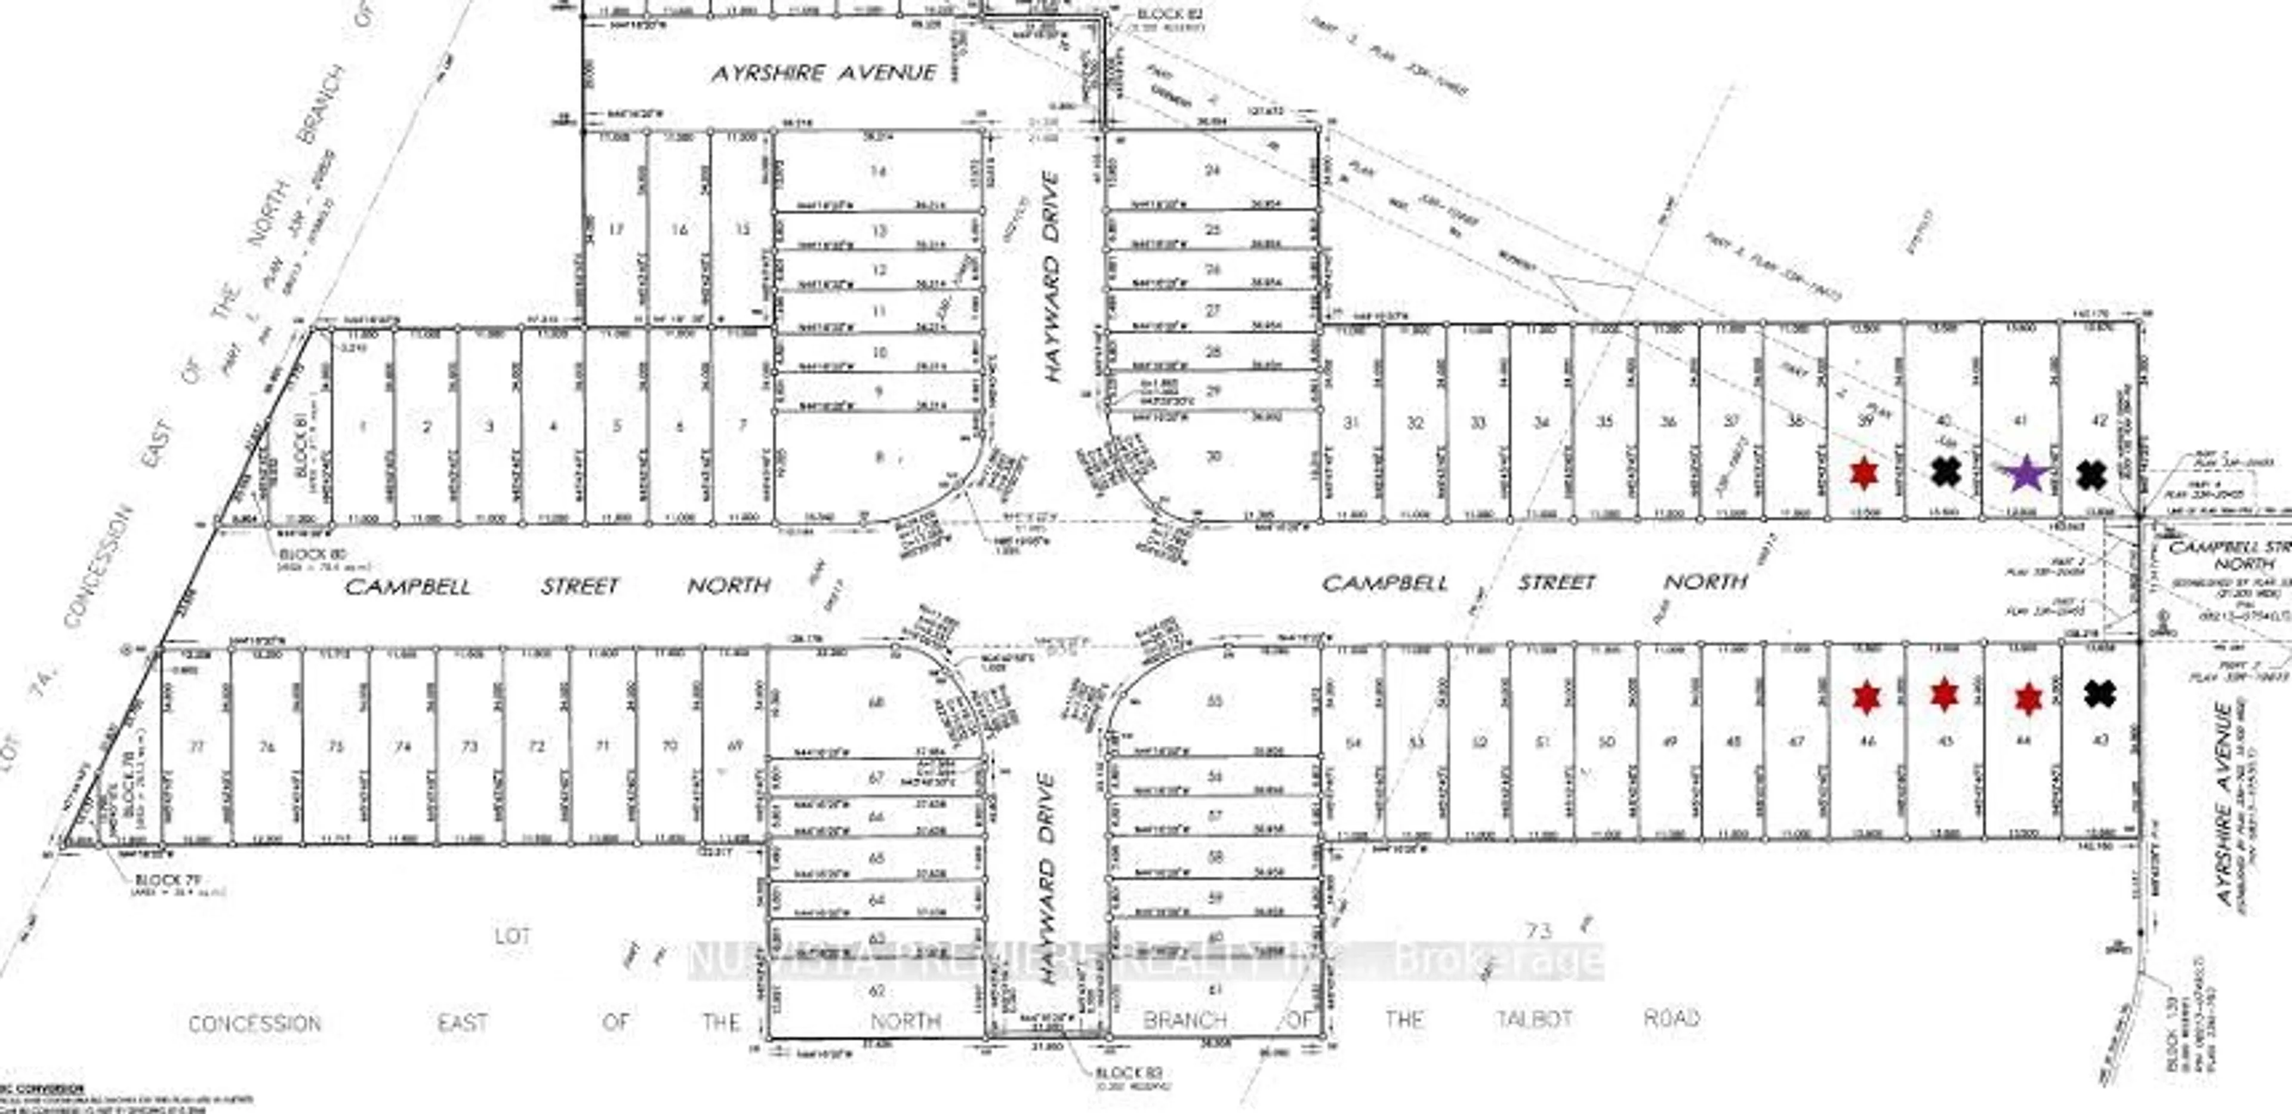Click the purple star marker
pyautogui.click(x=2025, y=473)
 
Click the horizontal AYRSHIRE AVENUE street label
pyautogui.click(x=823, y=73)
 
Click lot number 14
pyautogui.click(x=878, y=170)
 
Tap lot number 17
pyautogui.click(x=616, y=230)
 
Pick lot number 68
pyautogui.click(x=876, y=702)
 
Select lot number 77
pyautogui.click(x=196, y=746)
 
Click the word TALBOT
pyautogui.click(x=1533, y=1019)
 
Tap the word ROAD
pyautogui.click(x=1671, y=1018)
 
